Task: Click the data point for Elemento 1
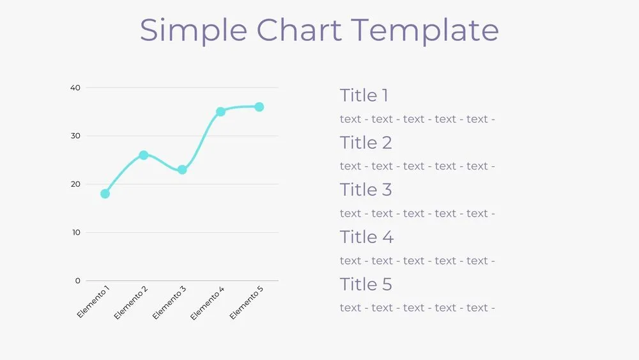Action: tap(105, 194)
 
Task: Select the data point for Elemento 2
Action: tap(144, 155)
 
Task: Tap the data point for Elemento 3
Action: tap(182, 169)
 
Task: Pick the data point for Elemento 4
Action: tap(220, 112)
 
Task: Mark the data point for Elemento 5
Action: tap(259, 107)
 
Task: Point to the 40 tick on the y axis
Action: tap(75, 88)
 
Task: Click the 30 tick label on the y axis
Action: tap(75, 136)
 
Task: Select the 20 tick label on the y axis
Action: tap(75, 184)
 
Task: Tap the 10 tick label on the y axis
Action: tap(75, 232)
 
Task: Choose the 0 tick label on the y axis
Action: tap(78, 281)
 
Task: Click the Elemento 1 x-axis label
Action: tap(93, 302)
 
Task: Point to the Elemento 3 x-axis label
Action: tap(170, 302)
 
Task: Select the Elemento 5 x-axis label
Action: tap(247, 302)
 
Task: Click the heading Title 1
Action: tap(364, 96)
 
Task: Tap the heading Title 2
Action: tap(366, 143)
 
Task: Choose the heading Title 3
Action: tap(366, 190)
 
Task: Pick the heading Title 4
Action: tap(367, 237)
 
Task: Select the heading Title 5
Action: tap(366, 285)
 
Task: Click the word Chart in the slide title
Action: tap(302, 30)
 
